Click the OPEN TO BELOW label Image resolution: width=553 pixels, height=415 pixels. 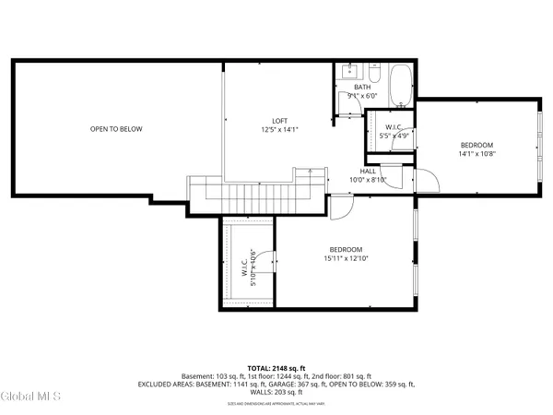point(116,129)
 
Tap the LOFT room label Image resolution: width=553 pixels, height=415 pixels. point(279,121)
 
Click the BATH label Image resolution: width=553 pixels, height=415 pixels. point(362,88)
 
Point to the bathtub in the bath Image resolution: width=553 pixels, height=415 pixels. point(400,87)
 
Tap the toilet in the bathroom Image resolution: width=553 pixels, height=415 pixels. point(374,72)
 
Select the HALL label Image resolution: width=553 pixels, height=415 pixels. point(368,171)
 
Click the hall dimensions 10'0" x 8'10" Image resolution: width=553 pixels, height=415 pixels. point(368,181)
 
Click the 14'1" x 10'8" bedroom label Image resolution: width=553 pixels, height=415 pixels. point(477,145)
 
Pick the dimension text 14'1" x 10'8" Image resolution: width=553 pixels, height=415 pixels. point(477,155)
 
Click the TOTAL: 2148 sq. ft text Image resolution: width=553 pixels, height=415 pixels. point(276,368)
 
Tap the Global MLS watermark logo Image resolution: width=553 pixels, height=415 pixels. point(31,397)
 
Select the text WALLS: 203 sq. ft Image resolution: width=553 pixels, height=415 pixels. point(276,392)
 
